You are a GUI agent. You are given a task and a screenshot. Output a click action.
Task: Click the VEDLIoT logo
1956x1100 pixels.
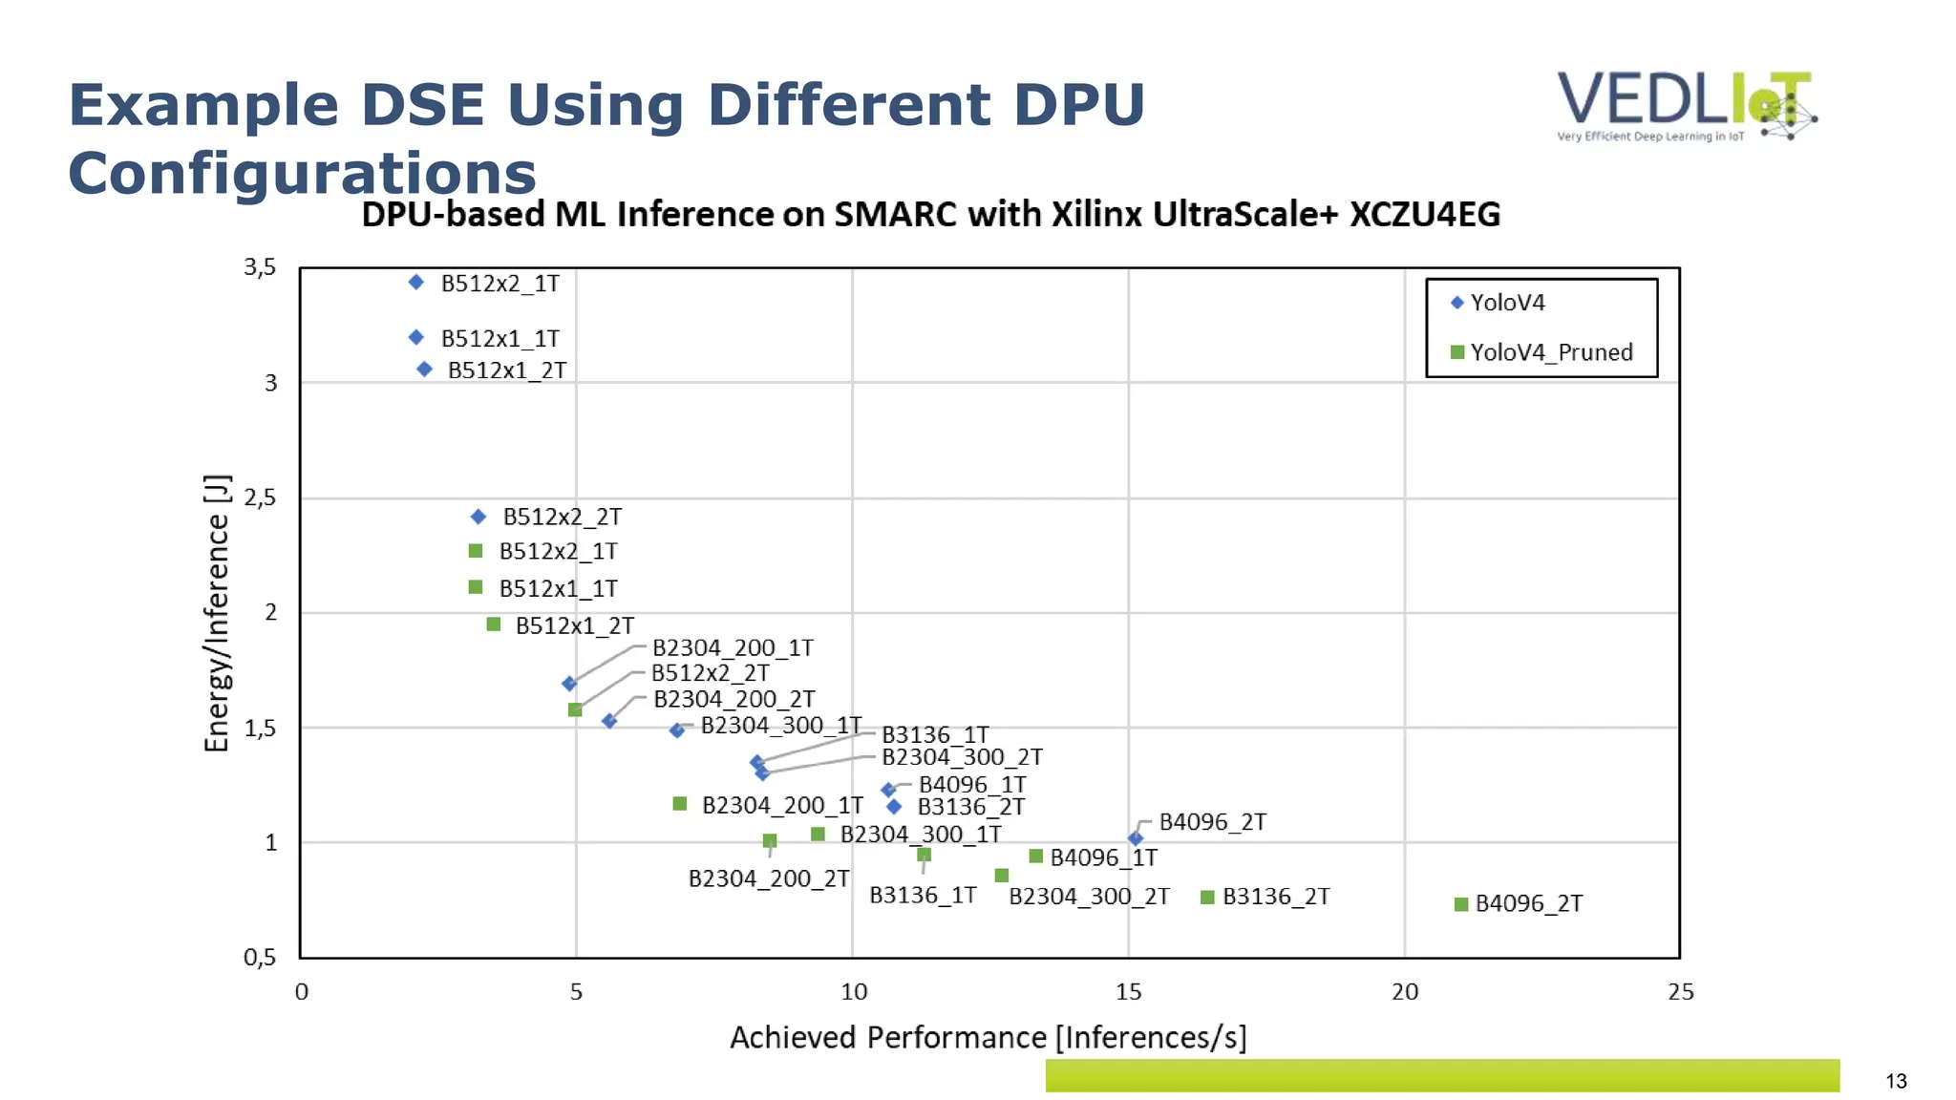click(1686, 106)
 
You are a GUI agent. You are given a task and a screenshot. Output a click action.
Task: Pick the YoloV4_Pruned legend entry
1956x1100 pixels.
click(1541, 352)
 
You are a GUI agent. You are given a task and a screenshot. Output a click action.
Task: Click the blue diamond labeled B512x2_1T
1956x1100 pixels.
click(416, 282)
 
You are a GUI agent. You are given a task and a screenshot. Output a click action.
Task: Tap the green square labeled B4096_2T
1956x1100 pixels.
click(1460, 904)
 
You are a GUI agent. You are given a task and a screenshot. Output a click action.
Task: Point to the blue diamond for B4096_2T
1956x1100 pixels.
click(1136, 838)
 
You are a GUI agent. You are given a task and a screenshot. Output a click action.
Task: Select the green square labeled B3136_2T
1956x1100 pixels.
click(1207, 898)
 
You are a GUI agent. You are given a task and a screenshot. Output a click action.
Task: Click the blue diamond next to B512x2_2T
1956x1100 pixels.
click(478, 517)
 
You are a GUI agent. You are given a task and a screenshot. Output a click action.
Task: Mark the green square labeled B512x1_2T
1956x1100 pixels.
click(494, 624)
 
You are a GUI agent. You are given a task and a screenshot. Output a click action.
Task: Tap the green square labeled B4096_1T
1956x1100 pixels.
click(1035, 857)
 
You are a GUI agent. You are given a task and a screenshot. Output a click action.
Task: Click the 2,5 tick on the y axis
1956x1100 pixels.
click(260, 497)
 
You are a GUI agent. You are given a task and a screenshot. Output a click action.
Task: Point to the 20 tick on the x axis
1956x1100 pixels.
click(1404, 992)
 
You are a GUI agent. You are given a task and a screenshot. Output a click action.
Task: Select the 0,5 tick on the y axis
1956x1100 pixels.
click(260, 958)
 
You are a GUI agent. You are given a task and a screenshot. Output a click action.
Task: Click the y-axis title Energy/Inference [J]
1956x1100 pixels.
click(218, 613)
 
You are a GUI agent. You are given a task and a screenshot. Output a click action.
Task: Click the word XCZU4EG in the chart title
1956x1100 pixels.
click(1424, 215)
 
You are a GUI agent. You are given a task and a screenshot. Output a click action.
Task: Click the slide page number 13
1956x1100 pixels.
click(1896, 1081)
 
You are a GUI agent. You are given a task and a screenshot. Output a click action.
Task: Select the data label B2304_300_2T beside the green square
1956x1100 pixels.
click(1089, 897)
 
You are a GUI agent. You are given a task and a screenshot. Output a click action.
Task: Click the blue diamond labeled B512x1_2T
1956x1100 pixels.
click(425, 370)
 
